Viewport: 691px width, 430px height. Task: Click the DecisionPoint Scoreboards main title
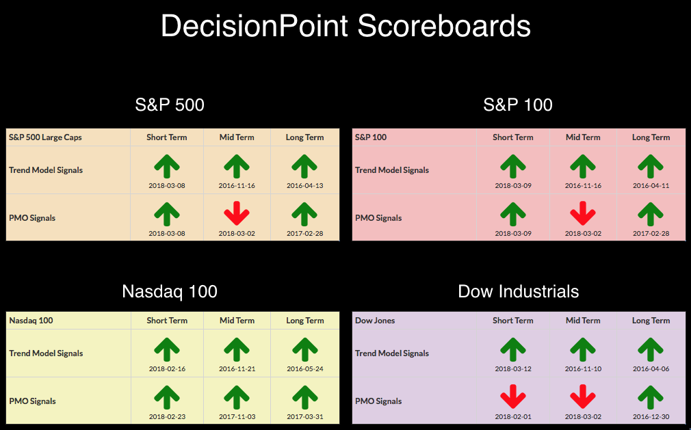pos(345,26)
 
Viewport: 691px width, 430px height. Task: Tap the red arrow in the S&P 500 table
pos(237,213)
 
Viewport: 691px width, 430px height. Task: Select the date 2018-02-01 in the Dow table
pos(513,416)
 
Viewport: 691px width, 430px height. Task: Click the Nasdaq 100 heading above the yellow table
pos(170,291)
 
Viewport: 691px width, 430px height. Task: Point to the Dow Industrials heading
pos(519,291)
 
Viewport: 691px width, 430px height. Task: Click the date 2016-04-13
pos(305,185)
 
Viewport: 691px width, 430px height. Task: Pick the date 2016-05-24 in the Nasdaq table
pos(305,368)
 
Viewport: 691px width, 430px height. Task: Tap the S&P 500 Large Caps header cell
pos(45,137)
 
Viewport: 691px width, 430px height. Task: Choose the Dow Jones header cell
pos(375,321)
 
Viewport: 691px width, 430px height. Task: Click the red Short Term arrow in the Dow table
pos(513,397)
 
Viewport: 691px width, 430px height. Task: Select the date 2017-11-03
pos(237,416)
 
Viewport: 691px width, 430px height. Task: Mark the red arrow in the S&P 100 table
pos(583,213)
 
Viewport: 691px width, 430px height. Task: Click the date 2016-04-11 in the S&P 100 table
pos(651,185)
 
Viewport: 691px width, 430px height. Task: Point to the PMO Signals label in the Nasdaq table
pos(33,401)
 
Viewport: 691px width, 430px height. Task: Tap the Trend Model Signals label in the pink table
pos(392,170)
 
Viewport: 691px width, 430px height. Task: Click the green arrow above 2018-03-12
pos(513,350)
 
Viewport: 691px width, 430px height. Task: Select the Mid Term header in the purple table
pos(583,321)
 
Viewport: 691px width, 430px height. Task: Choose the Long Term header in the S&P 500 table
pos(304,137)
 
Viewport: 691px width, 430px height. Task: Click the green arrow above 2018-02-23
pos(166,397)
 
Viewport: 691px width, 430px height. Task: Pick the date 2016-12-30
pos(651,416)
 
